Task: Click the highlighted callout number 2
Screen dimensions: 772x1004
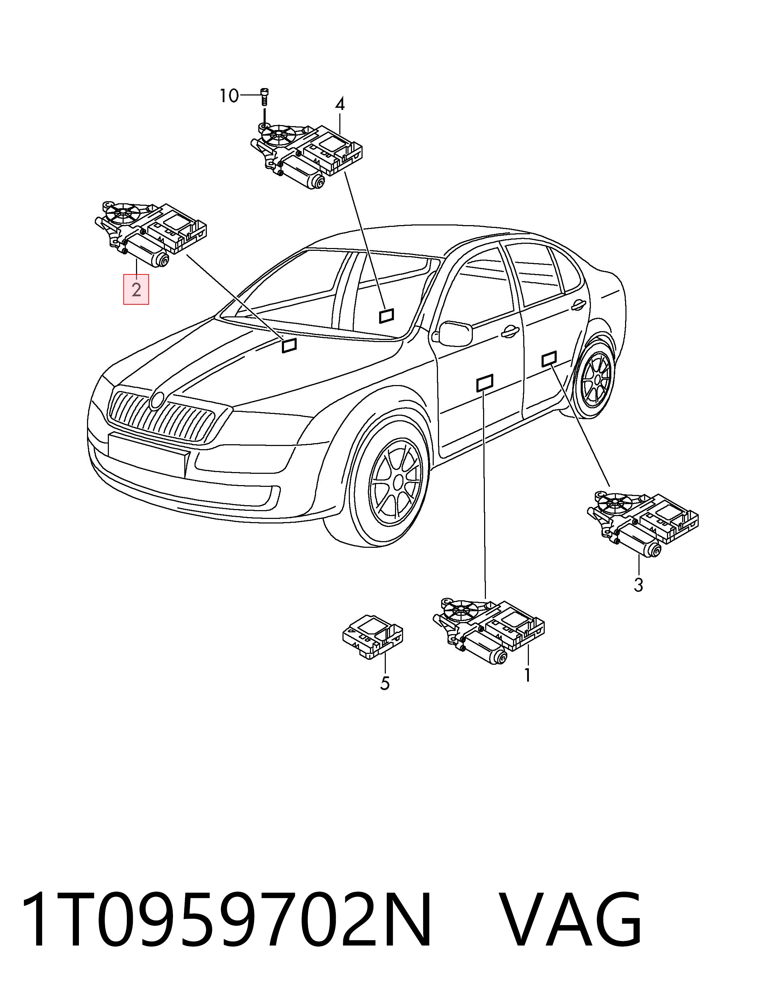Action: coord(136,290)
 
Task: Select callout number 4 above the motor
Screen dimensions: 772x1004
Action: coord(340,105)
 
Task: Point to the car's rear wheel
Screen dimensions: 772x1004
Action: coord(595,378)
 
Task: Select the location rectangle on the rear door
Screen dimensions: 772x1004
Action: coord(550,359)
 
